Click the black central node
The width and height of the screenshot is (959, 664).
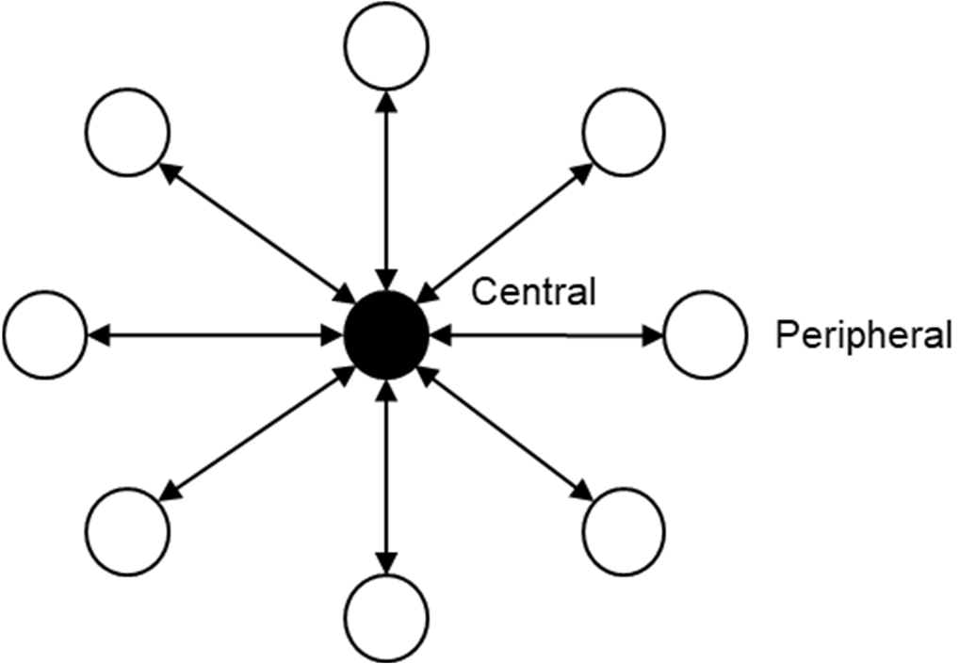pyautogui.click(x=386, y=334)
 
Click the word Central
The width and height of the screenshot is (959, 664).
pyautogui.click(x=533, y=292)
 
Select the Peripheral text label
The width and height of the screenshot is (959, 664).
pyautogui.click(x=862, y=335)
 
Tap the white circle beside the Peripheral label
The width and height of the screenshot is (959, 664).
pyautogui.click(x=706, y=334)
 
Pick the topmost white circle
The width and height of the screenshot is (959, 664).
pyautogui.click(x=386, y=44)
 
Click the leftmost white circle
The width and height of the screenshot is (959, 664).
pyautogui.click(x=45, y=334)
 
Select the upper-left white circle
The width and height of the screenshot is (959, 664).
pyautogui.click(x=127, y=134)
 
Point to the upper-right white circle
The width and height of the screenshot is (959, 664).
pyautogui.click(x=624, y=134)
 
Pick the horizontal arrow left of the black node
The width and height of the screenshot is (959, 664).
pyautogui.click(x=215, y=334)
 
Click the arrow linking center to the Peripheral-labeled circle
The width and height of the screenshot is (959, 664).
pyautogui.click(x=551, y=334)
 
